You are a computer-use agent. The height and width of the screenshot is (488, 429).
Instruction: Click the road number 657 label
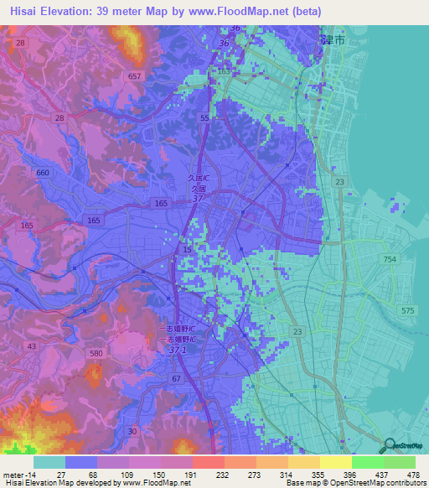tap(134, 75)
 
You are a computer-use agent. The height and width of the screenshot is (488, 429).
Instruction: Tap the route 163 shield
tap(224, 72)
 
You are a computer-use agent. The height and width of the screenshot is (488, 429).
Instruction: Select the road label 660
tap(43, 172)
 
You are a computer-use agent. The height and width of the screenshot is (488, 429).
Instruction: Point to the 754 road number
tap(390, 260)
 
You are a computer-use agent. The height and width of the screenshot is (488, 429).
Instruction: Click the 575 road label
tap(407, 310)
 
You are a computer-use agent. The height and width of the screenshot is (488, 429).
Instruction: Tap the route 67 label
tap(176, 379)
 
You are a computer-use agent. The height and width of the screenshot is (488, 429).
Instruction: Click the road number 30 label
tap(132, 431)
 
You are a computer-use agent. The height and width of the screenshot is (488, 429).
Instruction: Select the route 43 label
tap(31, 345)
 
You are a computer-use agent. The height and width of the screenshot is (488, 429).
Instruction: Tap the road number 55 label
tap(205, 119)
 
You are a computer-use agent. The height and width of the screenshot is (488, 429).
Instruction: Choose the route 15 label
tap(188, 250)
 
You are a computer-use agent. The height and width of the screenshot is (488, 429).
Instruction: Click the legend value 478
tap(411, 473)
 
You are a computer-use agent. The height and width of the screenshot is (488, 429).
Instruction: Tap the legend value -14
tap(20, 473)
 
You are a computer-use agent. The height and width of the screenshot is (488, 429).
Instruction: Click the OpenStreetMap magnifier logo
tap(389, 445)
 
